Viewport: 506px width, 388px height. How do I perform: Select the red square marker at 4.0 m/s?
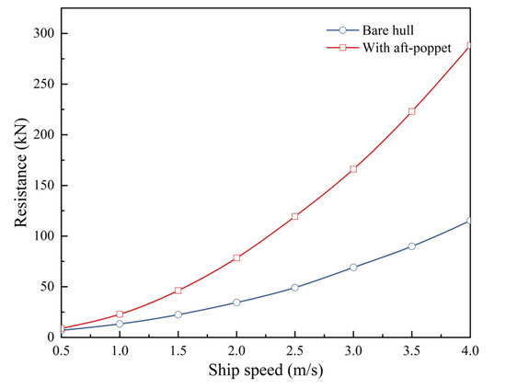coord(470,45)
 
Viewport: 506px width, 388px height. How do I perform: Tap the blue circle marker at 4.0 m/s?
coord(470,221)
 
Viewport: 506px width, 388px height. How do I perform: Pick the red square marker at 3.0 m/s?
coord(353,169)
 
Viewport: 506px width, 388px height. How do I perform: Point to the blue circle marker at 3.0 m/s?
coord(353,268)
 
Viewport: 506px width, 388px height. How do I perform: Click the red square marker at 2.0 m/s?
coord(236,258)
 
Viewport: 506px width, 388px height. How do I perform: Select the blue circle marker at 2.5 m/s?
coord(294,288)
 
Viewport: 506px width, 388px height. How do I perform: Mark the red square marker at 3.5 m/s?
coord(411,111)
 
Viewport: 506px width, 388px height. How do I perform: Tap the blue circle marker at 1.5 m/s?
coord(178,314)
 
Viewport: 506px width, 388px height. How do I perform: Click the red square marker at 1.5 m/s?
coord(178,291)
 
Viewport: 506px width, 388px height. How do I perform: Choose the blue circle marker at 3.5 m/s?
coord(411,246)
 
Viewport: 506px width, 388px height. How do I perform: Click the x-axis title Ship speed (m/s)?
coord(266,371)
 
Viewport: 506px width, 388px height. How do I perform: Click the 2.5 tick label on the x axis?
coord(294,350)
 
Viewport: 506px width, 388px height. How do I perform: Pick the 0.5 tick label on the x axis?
coord(61,350)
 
